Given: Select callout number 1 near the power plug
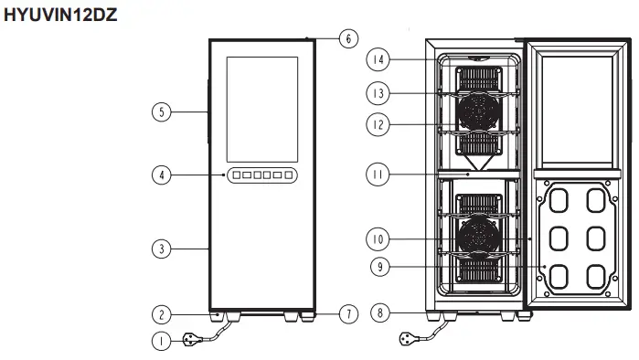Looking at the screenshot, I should point(160,343).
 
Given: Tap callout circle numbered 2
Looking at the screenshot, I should point(160,314).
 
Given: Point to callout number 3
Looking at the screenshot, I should point(160,248).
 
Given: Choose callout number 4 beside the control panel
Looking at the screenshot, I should point(160,175).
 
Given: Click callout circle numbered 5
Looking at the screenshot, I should point(160,112).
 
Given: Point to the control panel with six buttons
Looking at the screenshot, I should point(261,175).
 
